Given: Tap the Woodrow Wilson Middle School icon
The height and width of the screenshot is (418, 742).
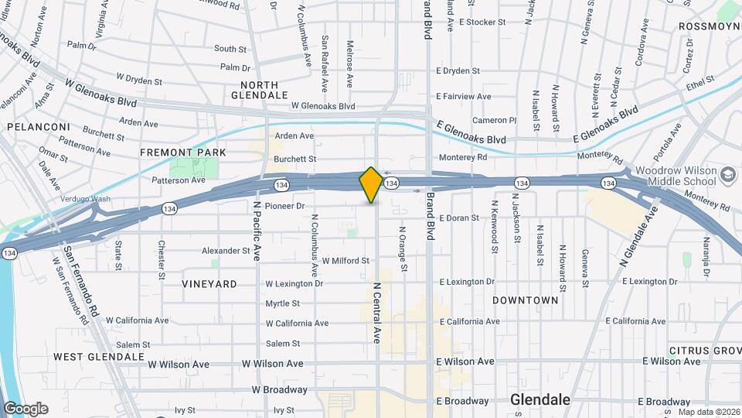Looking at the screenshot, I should coord(727,175).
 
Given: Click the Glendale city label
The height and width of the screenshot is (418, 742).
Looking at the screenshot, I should coord(540,400).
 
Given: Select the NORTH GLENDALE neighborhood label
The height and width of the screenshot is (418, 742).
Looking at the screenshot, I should coord(260,90).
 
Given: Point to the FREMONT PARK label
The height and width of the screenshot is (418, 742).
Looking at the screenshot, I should coord(183,152).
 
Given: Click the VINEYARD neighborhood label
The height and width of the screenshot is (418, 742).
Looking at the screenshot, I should coord(209,284).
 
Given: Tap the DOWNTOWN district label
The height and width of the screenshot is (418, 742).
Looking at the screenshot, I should coord(526,300).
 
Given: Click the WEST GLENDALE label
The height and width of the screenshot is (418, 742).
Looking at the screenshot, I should coord(99,357).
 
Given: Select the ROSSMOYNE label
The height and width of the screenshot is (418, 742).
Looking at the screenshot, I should coord(710,26).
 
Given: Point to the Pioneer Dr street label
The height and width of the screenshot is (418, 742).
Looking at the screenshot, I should coord(285,206).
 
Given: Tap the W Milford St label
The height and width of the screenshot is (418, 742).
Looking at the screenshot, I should coord(345,261).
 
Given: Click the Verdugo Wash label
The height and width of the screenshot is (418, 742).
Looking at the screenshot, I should coord(86,199).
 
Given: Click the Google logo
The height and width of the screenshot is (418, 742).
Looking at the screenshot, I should coord(26,409).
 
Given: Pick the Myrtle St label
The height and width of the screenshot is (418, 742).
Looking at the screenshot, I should coord(282,303).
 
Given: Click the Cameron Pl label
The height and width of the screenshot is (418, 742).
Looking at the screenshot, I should coord(494,121).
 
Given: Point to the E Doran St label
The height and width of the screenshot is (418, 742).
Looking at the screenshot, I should coord(458,218).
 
